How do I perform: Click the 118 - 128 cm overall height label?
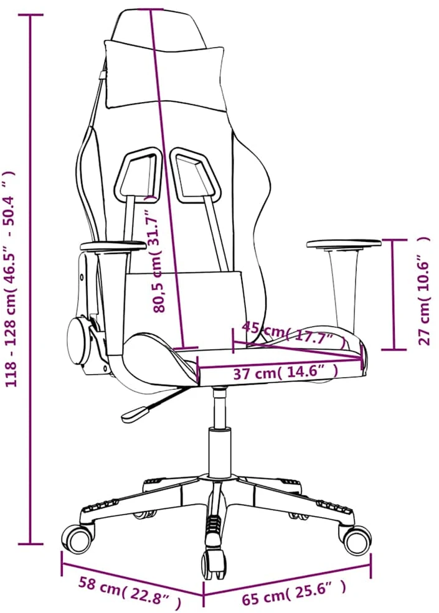point(11,279)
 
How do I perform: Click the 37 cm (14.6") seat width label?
point(285,373)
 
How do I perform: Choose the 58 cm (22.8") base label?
point(129,592)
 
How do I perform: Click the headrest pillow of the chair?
point(165,74)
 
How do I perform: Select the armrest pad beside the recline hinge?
point(113,246)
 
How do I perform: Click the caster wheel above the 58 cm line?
point(78,539)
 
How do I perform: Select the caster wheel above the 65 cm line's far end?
point(357,540)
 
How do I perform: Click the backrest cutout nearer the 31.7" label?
point(138,174)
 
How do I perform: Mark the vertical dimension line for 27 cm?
point(394,295)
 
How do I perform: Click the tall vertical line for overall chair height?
point(31,279)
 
